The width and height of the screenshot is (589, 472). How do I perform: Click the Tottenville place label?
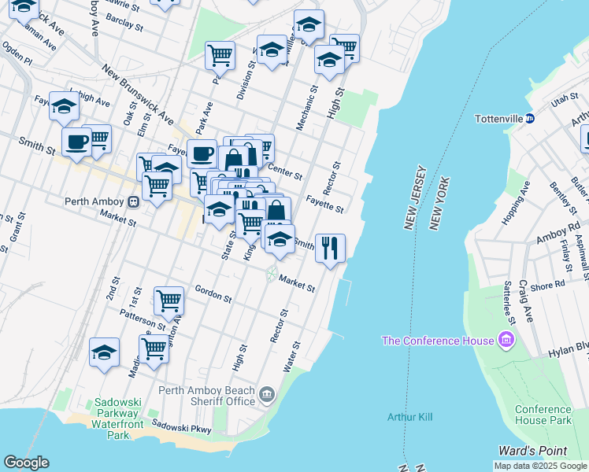coord(499,119)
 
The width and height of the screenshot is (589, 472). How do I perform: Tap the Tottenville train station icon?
coord(530,119)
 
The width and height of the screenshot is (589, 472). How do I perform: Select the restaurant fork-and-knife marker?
coord(330,248)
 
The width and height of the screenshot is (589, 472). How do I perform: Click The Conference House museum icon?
coord(505,341)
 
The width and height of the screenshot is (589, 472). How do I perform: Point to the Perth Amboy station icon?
coord(134,201)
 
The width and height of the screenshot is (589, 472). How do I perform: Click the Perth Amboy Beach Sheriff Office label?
coord(207,396)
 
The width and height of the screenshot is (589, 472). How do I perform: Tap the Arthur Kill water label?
coord(409,416)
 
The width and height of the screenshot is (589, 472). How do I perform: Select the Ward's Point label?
coord(532,451)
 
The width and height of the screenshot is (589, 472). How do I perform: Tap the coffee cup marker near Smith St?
coord(76,142)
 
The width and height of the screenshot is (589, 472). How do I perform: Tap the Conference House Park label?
coord(543,415)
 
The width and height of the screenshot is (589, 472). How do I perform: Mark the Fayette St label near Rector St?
coord(325,205)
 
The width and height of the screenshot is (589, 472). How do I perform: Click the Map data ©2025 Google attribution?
coord(539,466)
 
